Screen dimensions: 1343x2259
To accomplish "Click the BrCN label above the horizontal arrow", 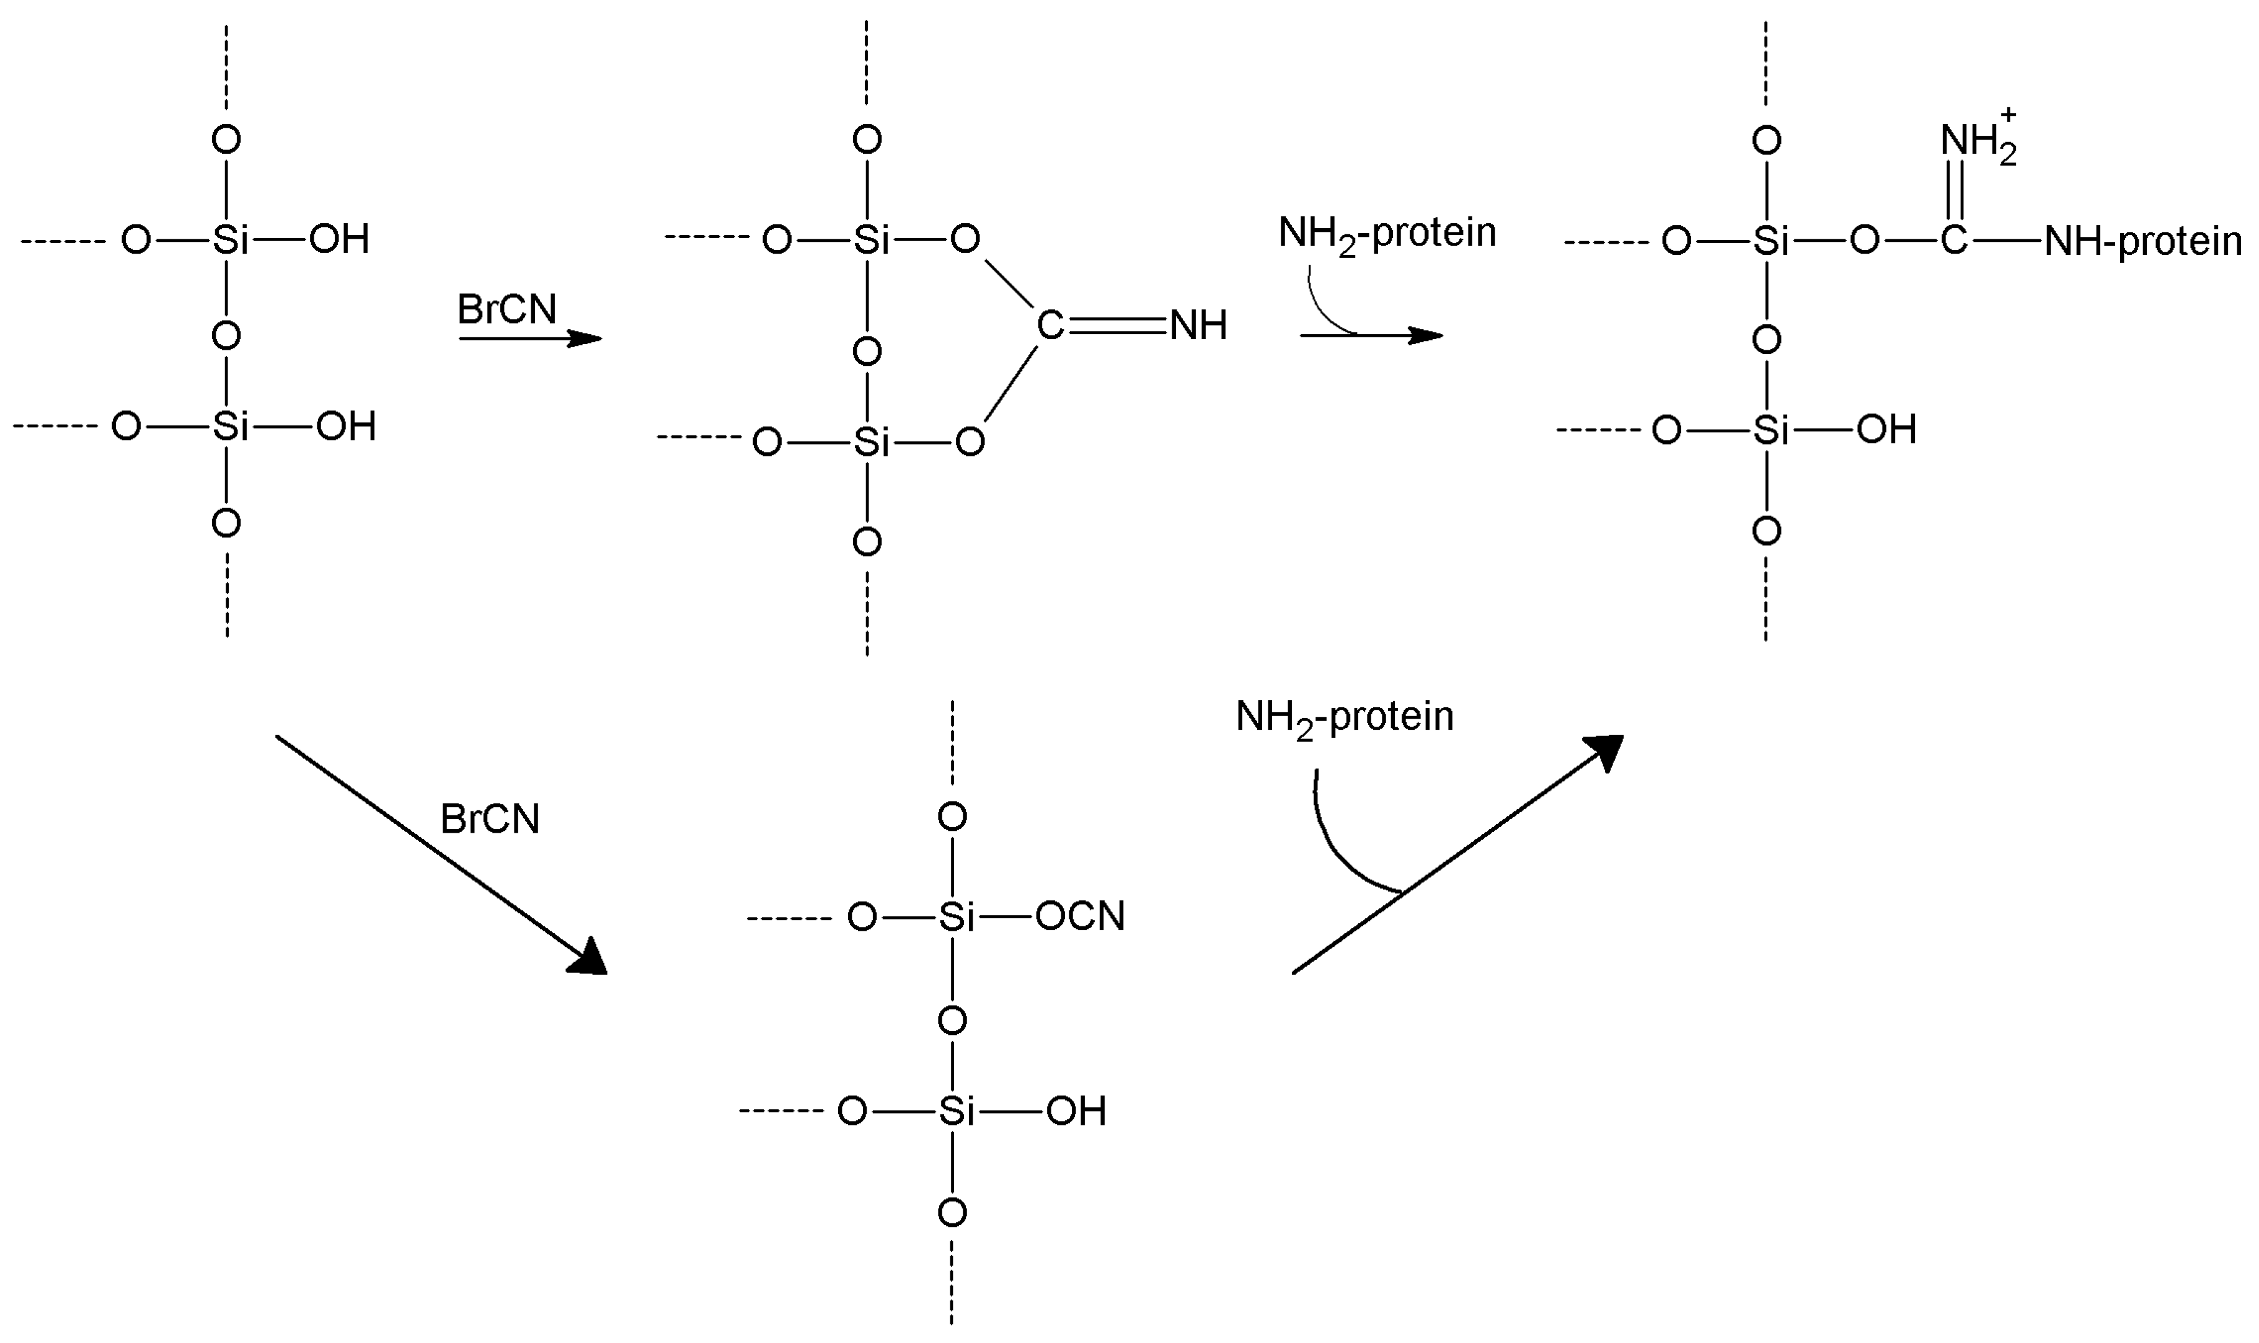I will pyautogui.click(x=506, y=309).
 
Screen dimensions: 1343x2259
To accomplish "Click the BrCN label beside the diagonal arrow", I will pyautogui.click(x=490, y=819).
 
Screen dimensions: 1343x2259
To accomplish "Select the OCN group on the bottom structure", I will pyautogui.click(x=1080, y=917).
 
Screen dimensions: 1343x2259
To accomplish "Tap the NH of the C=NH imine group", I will pyautogui.click(x=1199, y=326).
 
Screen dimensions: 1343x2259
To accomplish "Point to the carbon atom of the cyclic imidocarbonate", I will pyautogui.click(x=1050, y=326).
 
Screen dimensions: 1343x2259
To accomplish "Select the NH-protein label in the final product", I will pyautogui.click(x=2143, y=242).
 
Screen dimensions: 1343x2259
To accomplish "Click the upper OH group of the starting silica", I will pyautogui.click(x=339, y=240).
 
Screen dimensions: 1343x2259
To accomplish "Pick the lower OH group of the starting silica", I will pyautogui.click(x=345, y=426).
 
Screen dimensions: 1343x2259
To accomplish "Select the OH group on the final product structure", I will pyautogui.click(x=1886, y=430).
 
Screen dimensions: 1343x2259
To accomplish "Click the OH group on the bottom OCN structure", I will pyautogui.click(x=1076, y=1111).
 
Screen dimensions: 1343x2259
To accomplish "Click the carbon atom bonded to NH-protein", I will pyautogui.click(x=1954, y=241).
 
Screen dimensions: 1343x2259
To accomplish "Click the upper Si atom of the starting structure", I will pyautogui.click(x=231, y=240).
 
